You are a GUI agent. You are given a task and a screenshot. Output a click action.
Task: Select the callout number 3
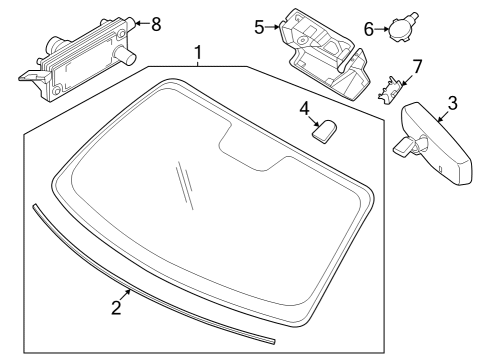point(452,102)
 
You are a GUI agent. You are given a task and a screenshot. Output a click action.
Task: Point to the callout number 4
point(304,106)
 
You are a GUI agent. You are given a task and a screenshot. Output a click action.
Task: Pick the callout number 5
point(258,27)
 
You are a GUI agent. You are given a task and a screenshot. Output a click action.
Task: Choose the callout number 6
point(367,29)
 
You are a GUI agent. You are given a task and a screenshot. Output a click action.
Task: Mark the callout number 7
point(417,66)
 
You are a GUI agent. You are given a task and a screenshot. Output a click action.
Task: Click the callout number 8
point(155,23)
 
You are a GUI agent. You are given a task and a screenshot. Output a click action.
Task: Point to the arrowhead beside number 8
point(137,22)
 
